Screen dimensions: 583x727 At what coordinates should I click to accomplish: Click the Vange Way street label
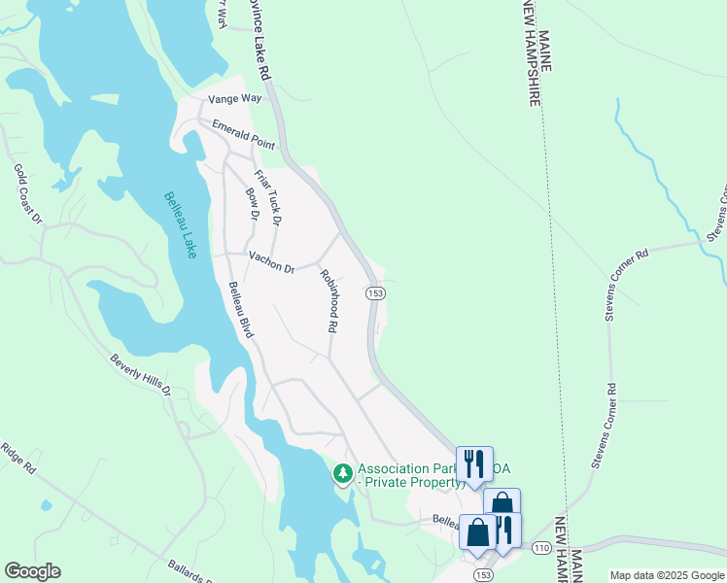(x=235, y=99)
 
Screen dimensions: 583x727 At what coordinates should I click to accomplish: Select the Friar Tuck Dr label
(x=267, y=198)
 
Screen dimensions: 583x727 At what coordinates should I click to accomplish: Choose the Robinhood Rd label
(x=327, y=301)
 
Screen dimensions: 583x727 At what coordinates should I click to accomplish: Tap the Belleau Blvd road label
(x=241, y=310)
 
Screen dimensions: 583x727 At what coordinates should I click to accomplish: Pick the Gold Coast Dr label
(x=28, y=193)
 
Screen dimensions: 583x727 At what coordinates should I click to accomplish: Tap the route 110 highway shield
(x=542, y=548)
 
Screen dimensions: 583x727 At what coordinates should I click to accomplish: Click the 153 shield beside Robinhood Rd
(x=375, y=292)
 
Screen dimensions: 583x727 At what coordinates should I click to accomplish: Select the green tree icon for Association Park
(x=342, y=473)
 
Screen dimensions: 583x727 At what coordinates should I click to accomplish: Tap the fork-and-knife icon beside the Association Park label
(x=474, y=463)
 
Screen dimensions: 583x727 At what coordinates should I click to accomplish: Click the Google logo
(x=32, y=571)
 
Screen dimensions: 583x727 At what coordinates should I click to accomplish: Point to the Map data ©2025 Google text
(x=667, y=575)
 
